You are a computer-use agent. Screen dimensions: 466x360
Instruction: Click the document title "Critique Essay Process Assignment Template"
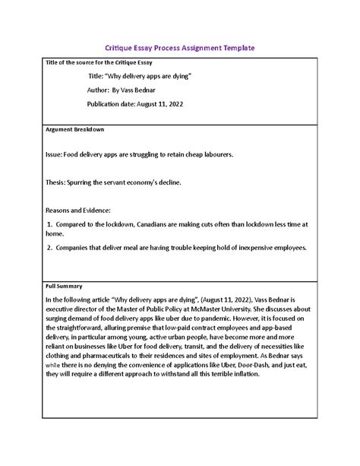179,47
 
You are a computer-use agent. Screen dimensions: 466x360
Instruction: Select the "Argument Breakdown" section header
75,129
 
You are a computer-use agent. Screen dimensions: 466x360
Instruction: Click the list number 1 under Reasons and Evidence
49,225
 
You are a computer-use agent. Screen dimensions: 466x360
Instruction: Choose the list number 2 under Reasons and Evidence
49,248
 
